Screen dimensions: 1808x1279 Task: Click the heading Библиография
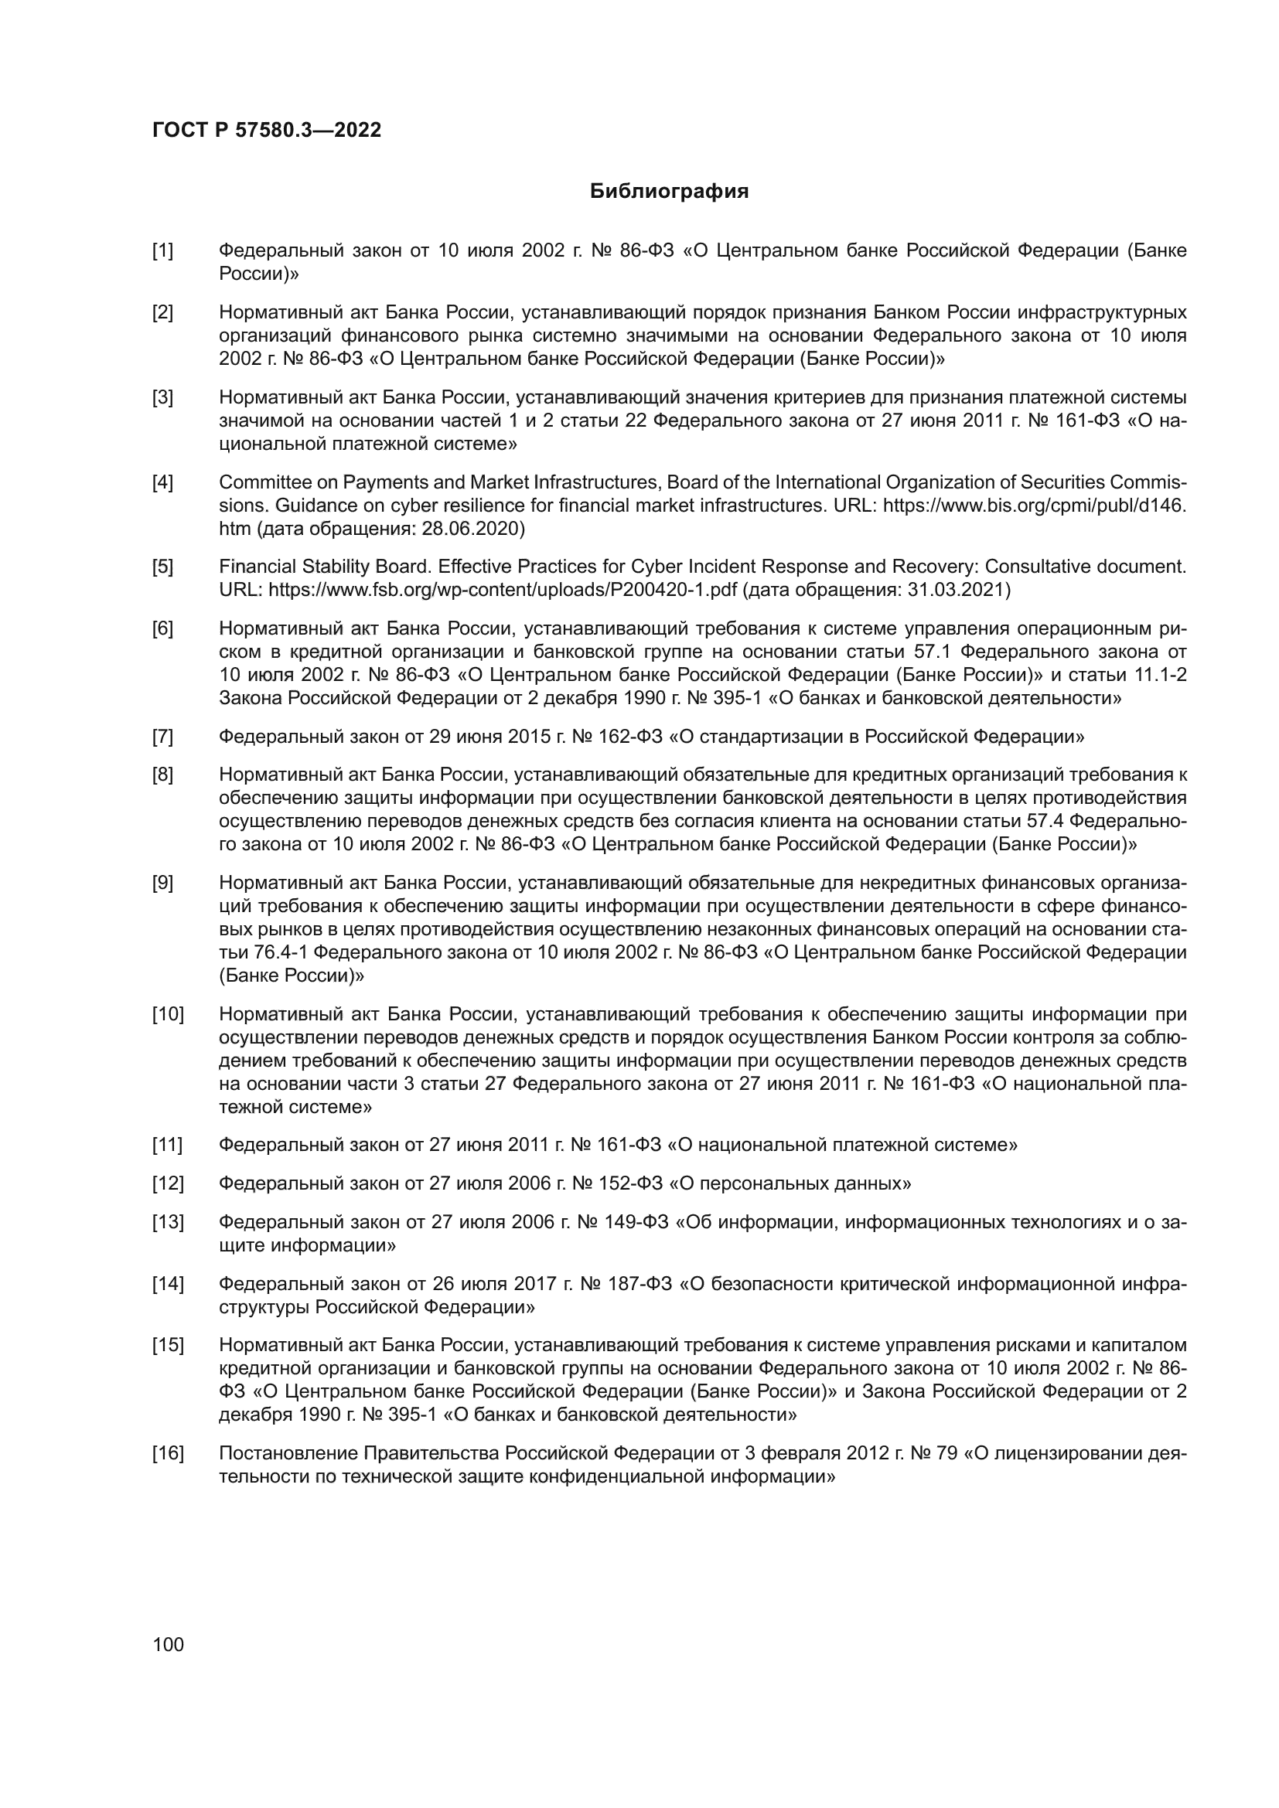(669, 192)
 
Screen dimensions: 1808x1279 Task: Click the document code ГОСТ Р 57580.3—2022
(266, 131)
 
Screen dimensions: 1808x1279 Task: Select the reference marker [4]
(162, 482)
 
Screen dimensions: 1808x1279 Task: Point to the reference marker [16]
(167, 1453)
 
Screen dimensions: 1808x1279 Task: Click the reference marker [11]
(167, 1144)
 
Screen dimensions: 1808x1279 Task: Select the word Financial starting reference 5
(255, 567)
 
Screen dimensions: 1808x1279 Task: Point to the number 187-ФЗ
(639, 1285)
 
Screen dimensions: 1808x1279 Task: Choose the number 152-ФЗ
(635, 1183)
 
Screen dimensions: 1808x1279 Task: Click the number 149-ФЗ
(636, 1222)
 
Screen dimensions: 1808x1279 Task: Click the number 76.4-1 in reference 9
(282, 953)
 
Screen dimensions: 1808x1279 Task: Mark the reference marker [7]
(162, 737)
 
